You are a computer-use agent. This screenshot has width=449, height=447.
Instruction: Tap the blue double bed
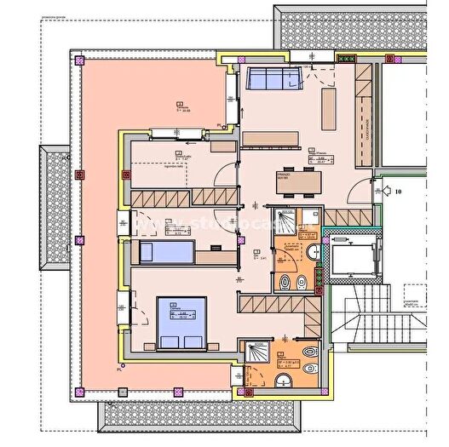pyautogui.click(x=181, y=323)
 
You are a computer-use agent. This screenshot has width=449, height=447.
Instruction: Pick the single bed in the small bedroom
pyautogui.click(x=165, y=252)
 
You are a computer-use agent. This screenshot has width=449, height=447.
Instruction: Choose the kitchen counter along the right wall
pyautogui.click(x=366, y=115)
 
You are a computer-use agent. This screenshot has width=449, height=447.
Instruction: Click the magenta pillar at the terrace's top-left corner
pyautogui.click(x=80, y=61)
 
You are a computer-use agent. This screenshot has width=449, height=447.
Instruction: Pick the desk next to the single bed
pyautogui.click(x=214, y=253)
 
